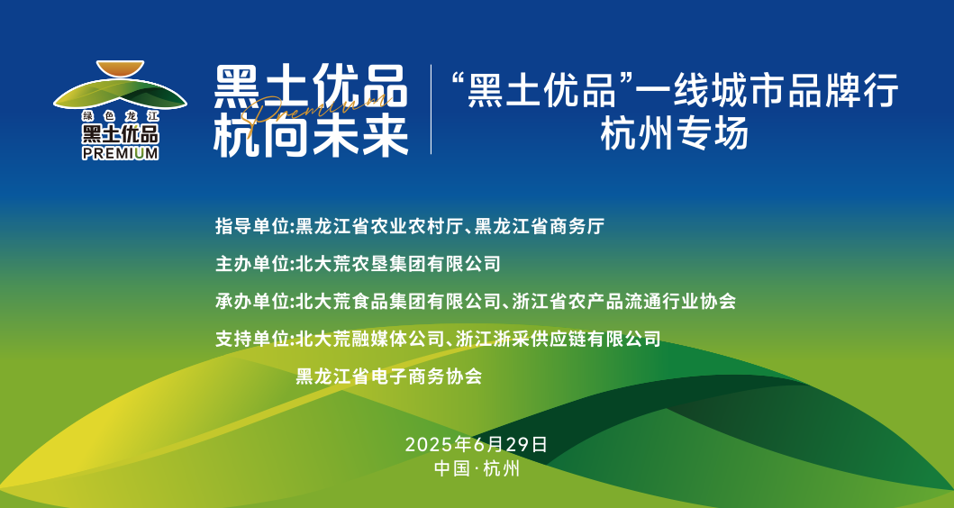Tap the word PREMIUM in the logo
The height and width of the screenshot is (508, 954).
[121, 154]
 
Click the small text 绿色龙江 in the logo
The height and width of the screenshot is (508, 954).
[121, 115]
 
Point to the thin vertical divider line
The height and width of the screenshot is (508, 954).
[431, 110]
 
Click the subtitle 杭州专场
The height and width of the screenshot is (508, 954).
[674, 134]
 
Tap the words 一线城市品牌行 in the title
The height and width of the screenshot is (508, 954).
[767, 90]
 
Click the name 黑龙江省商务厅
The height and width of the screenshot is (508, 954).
[539, 226]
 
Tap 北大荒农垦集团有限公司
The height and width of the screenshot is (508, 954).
[398, 263]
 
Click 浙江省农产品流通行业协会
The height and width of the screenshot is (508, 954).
[623, 301]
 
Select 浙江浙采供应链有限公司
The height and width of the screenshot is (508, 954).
[558, 339]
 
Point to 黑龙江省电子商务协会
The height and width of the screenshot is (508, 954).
[389, 376]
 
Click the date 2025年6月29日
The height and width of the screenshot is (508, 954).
[477, 445]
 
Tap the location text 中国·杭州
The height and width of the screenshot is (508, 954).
[477, 468]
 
